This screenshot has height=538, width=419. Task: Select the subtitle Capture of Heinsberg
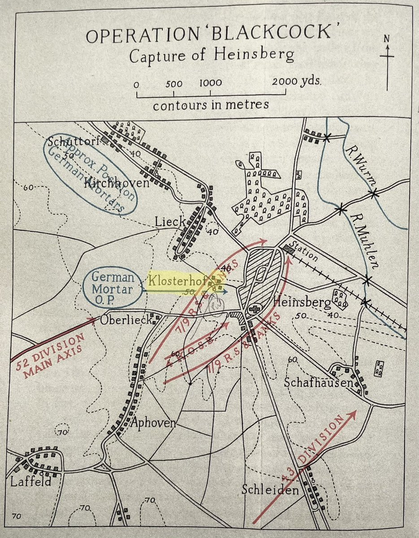click(x=212, y=56)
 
